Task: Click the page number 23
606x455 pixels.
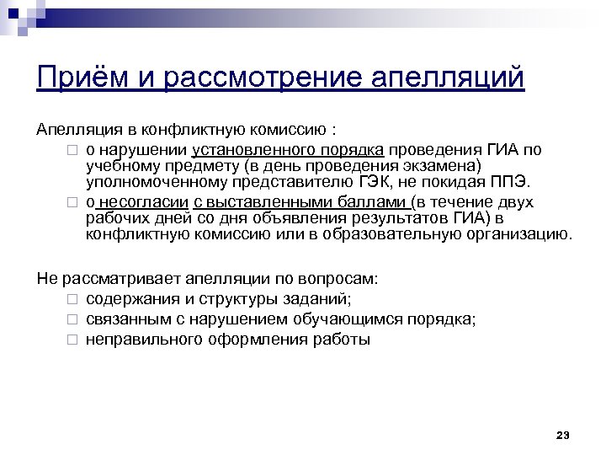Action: pyautogui.click(x=563, y=435)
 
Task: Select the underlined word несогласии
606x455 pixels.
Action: pyautogui.click(x=144, y=202)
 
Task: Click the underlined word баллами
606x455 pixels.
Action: pyautogui.click(x=369, y=202)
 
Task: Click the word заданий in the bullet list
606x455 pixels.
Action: pyautogui.click(x=320, y=298)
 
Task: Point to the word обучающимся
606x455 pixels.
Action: pyautogui.click(x=354, y=318)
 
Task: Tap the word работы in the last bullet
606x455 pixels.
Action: pyautogui.click(x=343, y=340)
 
